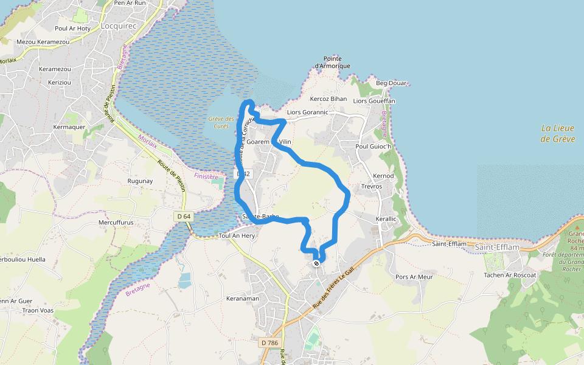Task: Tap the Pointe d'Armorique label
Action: pos(332,62)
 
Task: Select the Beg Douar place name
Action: pos(391,83)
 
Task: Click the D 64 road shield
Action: pos(183,217)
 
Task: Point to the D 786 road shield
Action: pos(269,343)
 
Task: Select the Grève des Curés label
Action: pos(221,122)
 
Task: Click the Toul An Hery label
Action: pos(236,235)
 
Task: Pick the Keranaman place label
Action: pos(242,299)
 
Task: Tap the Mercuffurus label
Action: pos(116,223)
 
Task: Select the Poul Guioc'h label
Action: pos(375,147)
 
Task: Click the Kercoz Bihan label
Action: pos(328,99)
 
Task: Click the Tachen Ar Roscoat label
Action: pos(509,275)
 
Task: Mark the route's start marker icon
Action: pos(316,263)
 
